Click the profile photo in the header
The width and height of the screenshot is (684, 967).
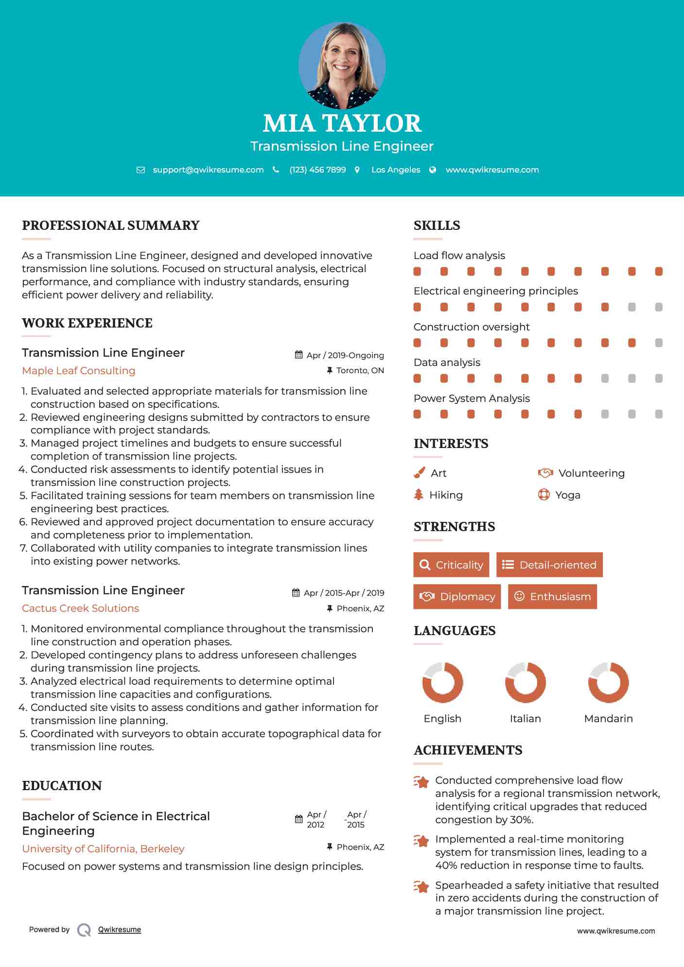coord(342,65)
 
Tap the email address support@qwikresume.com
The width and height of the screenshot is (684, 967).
coord(208,170)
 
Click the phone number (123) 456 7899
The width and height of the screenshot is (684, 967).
coord(317,170)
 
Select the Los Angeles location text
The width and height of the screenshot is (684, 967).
coord(395,170)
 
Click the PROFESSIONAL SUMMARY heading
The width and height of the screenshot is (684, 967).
coord(111,225)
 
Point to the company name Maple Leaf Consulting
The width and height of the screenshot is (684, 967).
coord(79,371)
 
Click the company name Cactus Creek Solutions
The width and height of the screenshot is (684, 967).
coord(81,608)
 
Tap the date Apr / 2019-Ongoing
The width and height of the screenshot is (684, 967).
coord(345,355)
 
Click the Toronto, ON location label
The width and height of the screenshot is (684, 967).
coord(360,370)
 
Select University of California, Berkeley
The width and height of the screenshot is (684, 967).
coord(103,849)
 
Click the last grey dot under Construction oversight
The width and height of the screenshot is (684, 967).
coord(659,343)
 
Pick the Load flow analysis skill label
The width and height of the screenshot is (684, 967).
coord(459,256)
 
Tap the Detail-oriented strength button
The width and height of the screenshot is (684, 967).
coord(549,565)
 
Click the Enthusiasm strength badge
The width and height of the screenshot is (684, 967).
coord(552,596)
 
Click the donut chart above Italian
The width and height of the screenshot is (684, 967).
coord(525,682)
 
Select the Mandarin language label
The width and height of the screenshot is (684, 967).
coord(608,719)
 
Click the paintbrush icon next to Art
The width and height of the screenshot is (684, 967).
coord(419,473)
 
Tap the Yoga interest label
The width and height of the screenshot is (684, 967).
coord(567,495)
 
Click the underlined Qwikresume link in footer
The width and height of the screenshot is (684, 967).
coord(120,930)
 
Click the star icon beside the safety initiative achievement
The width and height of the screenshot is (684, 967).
coord(421,887)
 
